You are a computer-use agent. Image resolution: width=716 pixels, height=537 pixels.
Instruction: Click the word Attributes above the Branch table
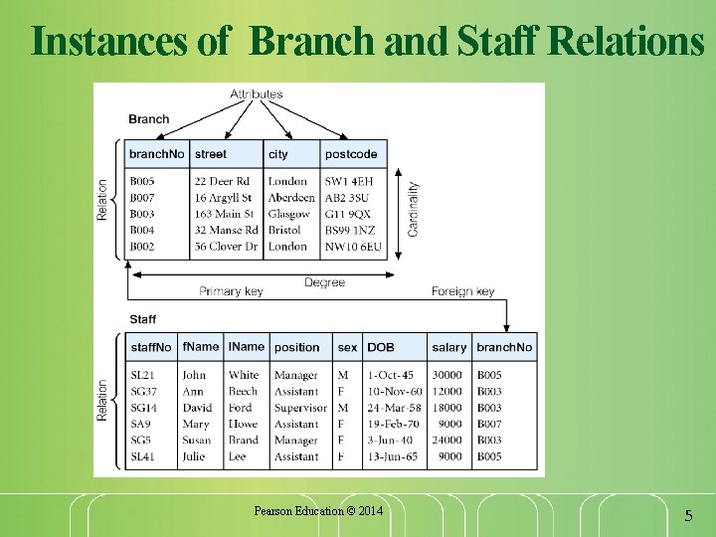[x=257, y=94]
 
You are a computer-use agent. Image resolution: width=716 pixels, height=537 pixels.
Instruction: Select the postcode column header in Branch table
[x=351, y=154]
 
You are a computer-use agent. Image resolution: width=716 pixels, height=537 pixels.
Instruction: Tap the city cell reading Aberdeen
[x=290, y=197]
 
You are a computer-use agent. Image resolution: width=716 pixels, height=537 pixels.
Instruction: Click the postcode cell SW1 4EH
[x=349, y=181]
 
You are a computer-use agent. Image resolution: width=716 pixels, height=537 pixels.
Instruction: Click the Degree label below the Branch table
[x=324, y=282]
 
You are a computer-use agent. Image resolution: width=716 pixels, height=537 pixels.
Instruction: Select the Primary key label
[x=231, y=291]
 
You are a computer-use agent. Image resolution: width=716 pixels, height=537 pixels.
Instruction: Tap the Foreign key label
[x=462, y=291]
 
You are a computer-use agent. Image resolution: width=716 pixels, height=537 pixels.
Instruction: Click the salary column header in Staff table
[x=448, y=347]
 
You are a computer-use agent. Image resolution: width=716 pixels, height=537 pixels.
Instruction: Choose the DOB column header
[x=380, y=347]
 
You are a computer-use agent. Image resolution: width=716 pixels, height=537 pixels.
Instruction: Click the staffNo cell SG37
[x=143, y=392]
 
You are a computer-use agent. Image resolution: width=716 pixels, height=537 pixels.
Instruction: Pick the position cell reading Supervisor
[x=300, y=408]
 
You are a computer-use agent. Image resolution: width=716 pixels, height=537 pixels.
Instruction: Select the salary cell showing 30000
[x=448, y=375]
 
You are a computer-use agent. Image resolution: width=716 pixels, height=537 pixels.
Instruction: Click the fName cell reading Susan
[x=196, y=440]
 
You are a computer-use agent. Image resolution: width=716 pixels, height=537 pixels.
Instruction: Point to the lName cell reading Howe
[x=244, y=424]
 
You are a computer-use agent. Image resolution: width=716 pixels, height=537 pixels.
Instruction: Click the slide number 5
[x=687, y=516]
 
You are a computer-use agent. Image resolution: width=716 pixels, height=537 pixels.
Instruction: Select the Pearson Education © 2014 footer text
[x=318, y=511]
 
